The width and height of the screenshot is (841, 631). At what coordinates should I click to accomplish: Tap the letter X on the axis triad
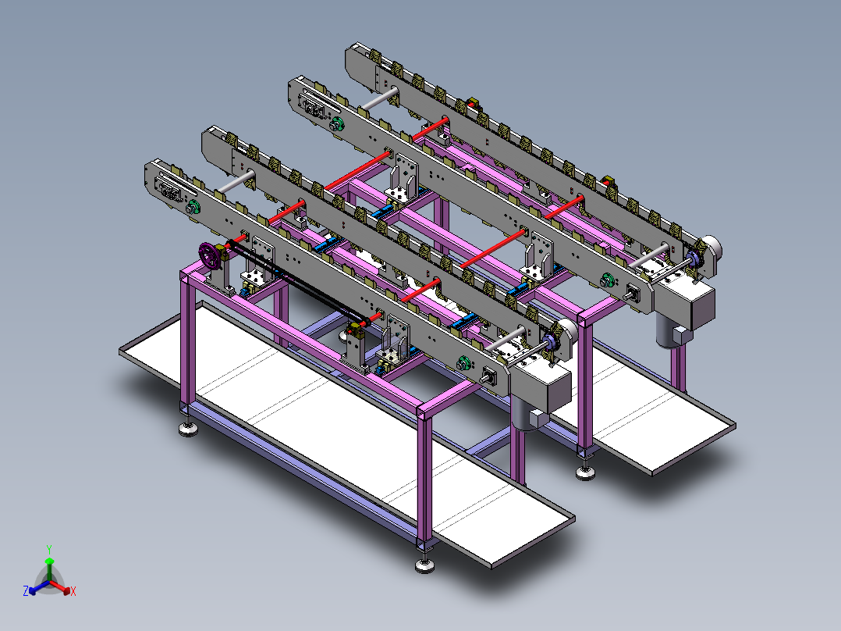73,591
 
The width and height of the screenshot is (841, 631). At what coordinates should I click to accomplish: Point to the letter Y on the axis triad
49,549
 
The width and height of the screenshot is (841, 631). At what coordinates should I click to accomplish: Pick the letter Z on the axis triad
26,590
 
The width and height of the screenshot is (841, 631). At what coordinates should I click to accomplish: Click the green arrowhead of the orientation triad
49,561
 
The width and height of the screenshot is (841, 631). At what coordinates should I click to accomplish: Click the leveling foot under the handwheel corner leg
188,428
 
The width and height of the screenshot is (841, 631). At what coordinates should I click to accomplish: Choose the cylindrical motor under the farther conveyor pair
669,332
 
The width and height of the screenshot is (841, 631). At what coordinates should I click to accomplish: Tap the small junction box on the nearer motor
538,418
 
